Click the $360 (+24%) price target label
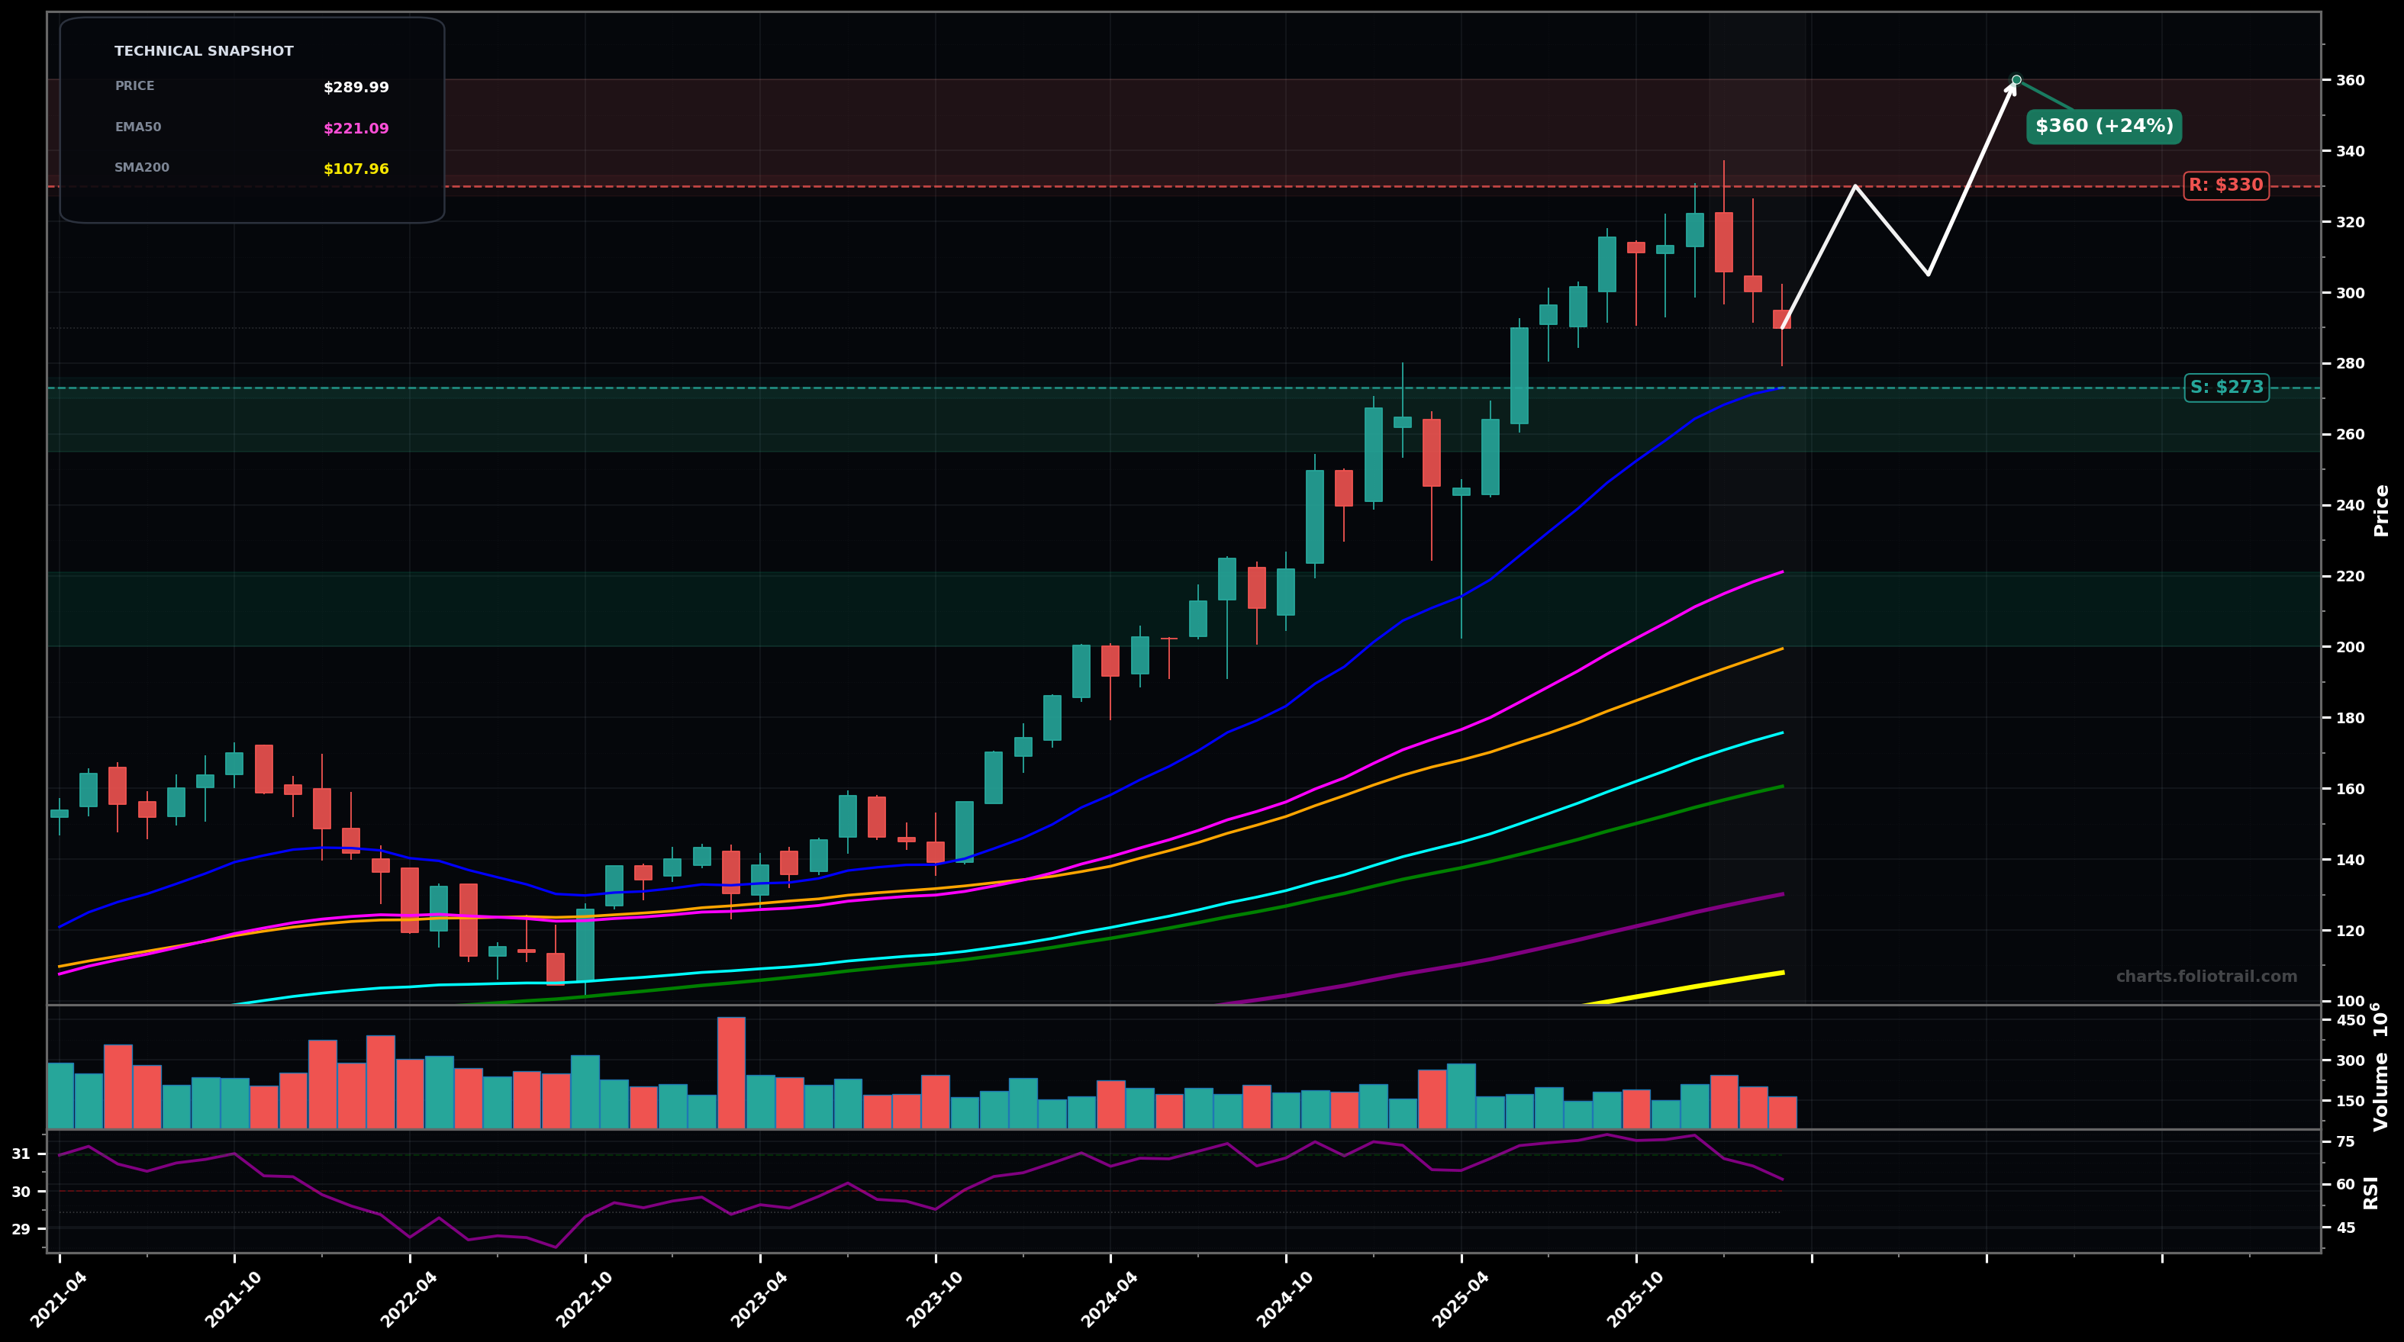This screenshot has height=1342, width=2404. coord(2103,126)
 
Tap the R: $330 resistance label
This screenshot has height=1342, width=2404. coord(2225,185)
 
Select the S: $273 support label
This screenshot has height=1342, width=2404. coord(2225,388)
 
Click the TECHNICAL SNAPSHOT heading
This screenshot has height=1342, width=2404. coord(204,51)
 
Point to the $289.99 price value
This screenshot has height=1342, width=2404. coord(356,88)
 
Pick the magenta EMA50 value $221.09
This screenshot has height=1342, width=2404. coord(356,129)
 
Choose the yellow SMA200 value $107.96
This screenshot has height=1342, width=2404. coord(356,170)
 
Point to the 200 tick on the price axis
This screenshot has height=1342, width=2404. coord(2350,647)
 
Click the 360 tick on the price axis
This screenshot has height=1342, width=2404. coord(2350,80)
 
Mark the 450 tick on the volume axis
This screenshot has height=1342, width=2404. coord(2350,1020)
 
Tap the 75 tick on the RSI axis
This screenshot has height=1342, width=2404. coord(2344,1141)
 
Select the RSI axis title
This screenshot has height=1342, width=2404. coord(2370,1192)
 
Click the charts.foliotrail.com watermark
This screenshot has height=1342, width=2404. coord(2206,977)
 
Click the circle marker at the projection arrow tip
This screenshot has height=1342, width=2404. coord(2016,80)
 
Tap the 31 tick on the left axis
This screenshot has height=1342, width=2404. coord(21,1154)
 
